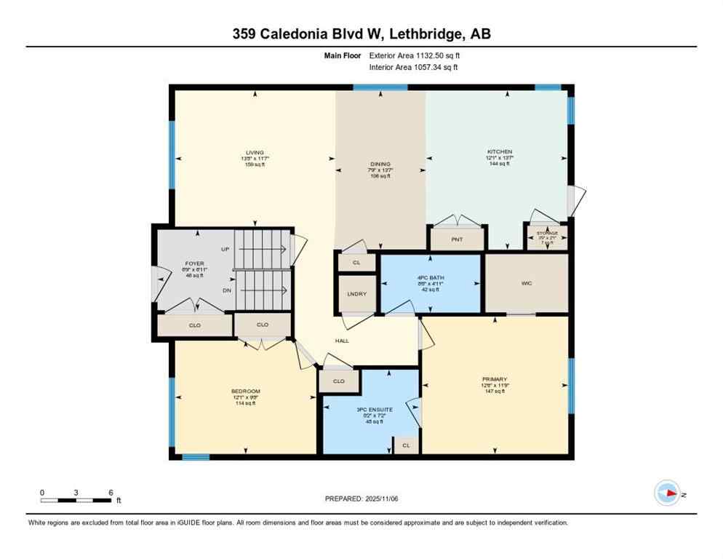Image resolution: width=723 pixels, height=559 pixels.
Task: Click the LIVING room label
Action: click(x=255, y=153)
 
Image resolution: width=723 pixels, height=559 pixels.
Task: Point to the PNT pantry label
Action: click(x=456, y=239)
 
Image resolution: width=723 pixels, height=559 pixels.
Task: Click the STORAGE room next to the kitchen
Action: click(x=546, y=236)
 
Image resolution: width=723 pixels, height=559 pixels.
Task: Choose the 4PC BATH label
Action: click(x=431, y=278)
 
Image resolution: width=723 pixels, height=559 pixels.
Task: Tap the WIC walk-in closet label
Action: click(x=526, y=283)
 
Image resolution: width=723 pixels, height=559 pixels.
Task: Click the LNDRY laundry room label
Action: click(x=357, y=294)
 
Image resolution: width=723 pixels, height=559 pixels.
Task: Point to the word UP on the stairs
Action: click(x=225, y=250)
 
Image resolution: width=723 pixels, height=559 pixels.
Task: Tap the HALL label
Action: click(x=342, y=341)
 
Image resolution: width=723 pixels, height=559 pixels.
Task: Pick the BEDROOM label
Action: click(x=246, y=392)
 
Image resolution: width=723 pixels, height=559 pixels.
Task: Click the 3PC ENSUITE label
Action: click(x=375, y=410)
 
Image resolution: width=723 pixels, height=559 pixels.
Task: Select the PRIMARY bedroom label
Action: click(x=495, y=379)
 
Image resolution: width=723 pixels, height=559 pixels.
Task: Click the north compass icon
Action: click(x=667, y=493)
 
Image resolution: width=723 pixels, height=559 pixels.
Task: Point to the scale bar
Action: click(x=76, y=500)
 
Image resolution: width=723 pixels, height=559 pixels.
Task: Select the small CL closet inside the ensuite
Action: click(x=407, y=445)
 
